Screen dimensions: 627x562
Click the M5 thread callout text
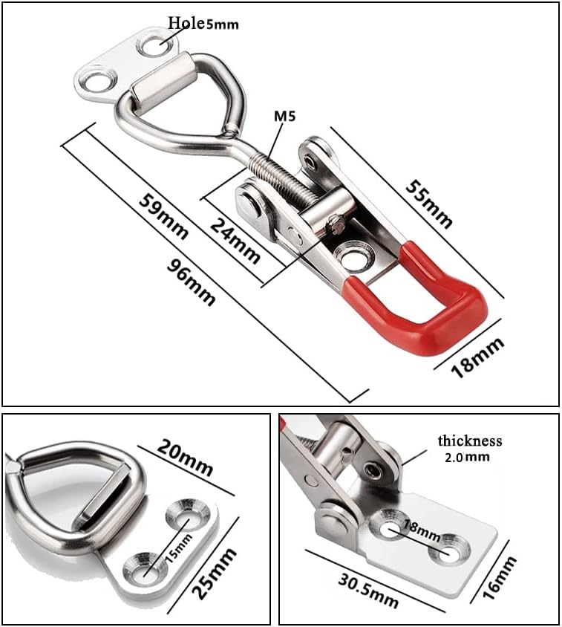pos(284,116)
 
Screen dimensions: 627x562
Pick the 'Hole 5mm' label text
pos(203,23)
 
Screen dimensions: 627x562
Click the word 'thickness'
pos(469,441)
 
